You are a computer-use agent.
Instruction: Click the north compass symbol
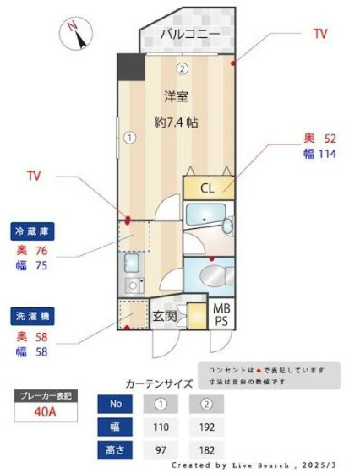click(77, 35)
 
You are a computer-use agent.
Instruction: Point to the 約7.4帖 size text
click(176, 122)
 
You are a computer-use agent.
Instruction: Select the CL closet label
click(207, 187)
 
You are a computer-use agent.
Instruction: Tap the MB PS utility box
click(221, 315)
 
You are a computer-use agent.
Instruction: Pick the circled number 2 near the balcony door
click(182, 68)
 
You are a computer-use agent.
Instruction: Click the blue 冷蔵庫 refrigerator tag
click(30, 231)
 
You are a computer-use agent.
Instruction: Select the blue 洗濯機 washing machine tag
click(30, 316)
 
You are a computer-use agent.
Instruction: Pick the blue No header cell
click(117, 404)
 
